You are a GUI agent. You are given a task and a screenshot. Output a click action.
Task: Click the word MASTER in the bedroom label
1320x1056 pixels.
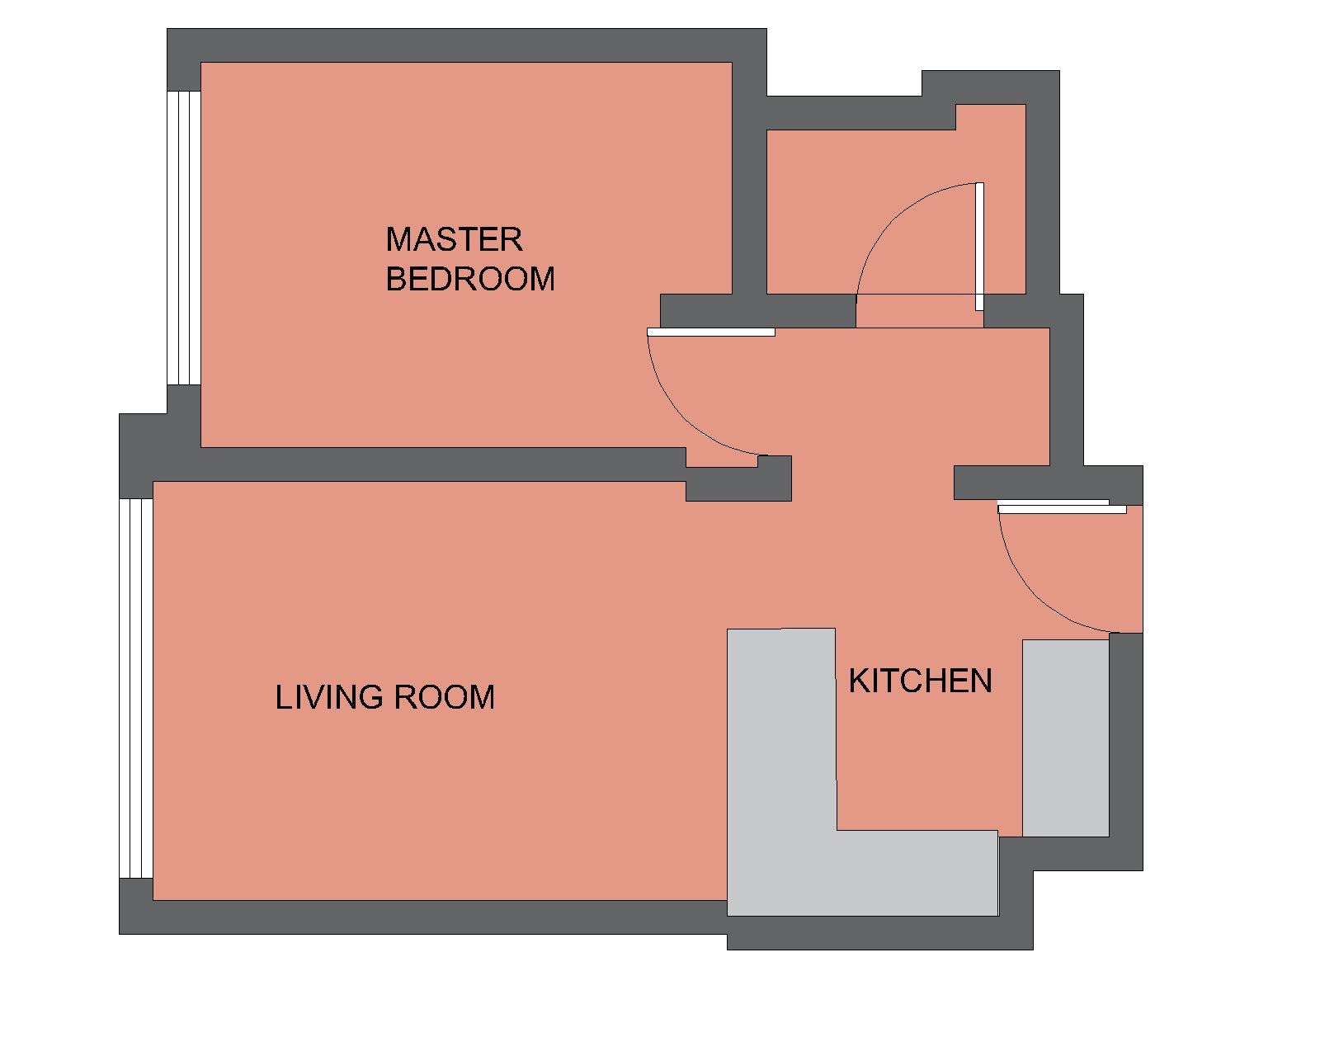[x=454, y=239]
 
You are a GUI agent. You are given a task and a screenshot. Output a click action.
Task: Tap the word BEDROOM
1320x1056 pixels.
[x=470, y=279]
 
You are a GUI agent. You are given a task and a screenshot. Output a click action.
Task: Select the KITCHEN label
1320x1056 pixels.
[x=920, y=681]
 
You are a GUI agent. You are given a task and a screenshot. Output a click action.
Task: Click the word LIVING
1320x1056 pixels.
[x=329, y=698]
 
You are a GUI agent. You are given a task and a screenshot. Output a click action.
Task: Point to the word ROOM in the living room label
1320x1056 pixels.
[x=444, y=698]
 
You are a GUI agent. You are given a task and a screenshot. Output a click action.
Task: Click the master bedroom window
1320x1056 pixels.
[x=184, y=238]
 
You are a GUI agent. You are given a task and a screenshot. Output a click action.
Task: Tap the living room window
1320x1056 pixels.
[x=135, y=688]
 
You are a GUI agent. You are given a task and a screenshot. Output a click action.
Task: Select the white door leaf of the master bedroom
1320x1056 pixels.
[x=711, y=332]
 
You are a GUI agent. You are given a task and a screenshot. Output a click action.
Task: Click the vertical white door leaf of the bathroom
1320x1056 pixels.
[x=979, y=247]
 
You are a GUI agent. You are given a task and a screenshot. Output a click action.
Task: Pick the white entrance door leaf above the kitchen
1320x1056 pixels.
[x=1062, y=509]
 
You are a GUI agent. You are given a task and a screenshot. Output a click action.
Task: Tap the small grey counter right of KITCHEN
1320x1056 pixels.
[x=1065, y=738]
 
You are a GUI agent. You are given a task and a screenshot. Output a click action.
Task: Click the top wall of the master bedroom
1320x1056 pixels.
[x=467, y=45]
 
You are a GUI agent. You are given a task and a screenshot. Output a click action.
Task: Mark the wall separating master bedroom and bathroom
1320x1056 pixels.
[x=749, y=178]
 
